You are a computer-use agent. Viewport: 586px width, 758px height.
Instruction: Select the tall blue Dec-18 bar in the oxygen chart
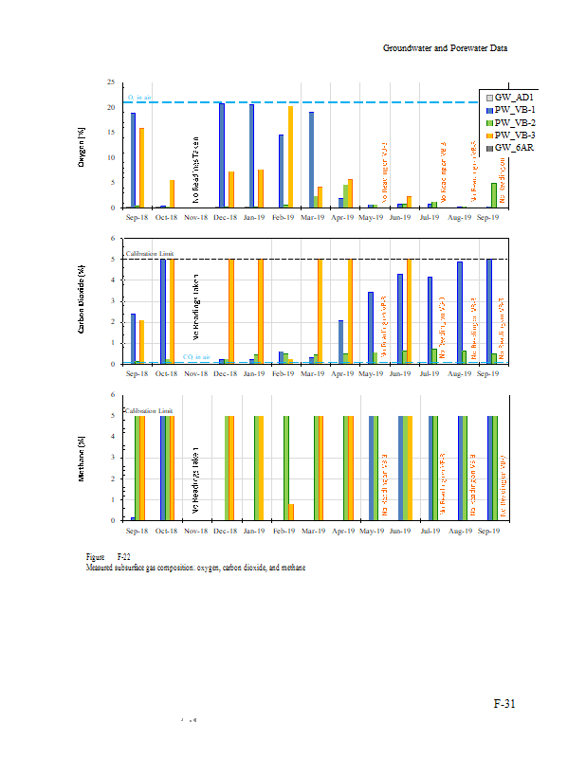point(222,154)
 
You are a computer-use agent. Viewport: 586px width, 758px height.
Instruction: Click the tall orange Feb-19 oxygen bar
point(290,156)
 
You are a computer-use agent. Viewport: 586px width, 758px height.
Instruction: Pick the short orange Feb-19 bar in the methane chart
point(291,512)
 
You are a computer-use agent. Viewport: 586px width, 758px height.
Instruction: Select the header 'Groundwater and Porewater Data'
point(446,47)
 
